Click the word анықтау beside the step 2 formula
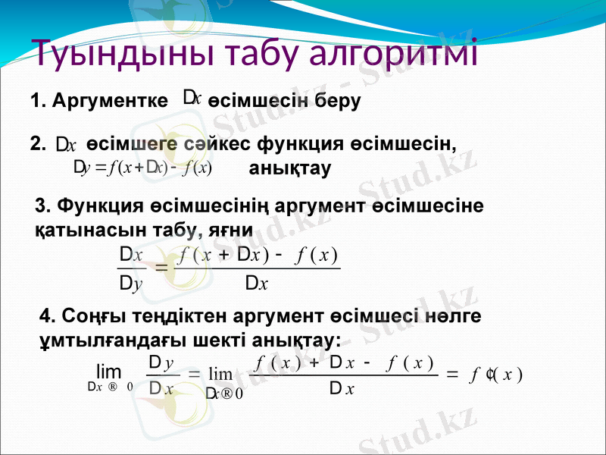(x=289, y=169)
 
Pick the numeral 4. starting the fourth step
(x=46, y=315)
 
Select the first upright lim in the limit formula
(x=109, y=372)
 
